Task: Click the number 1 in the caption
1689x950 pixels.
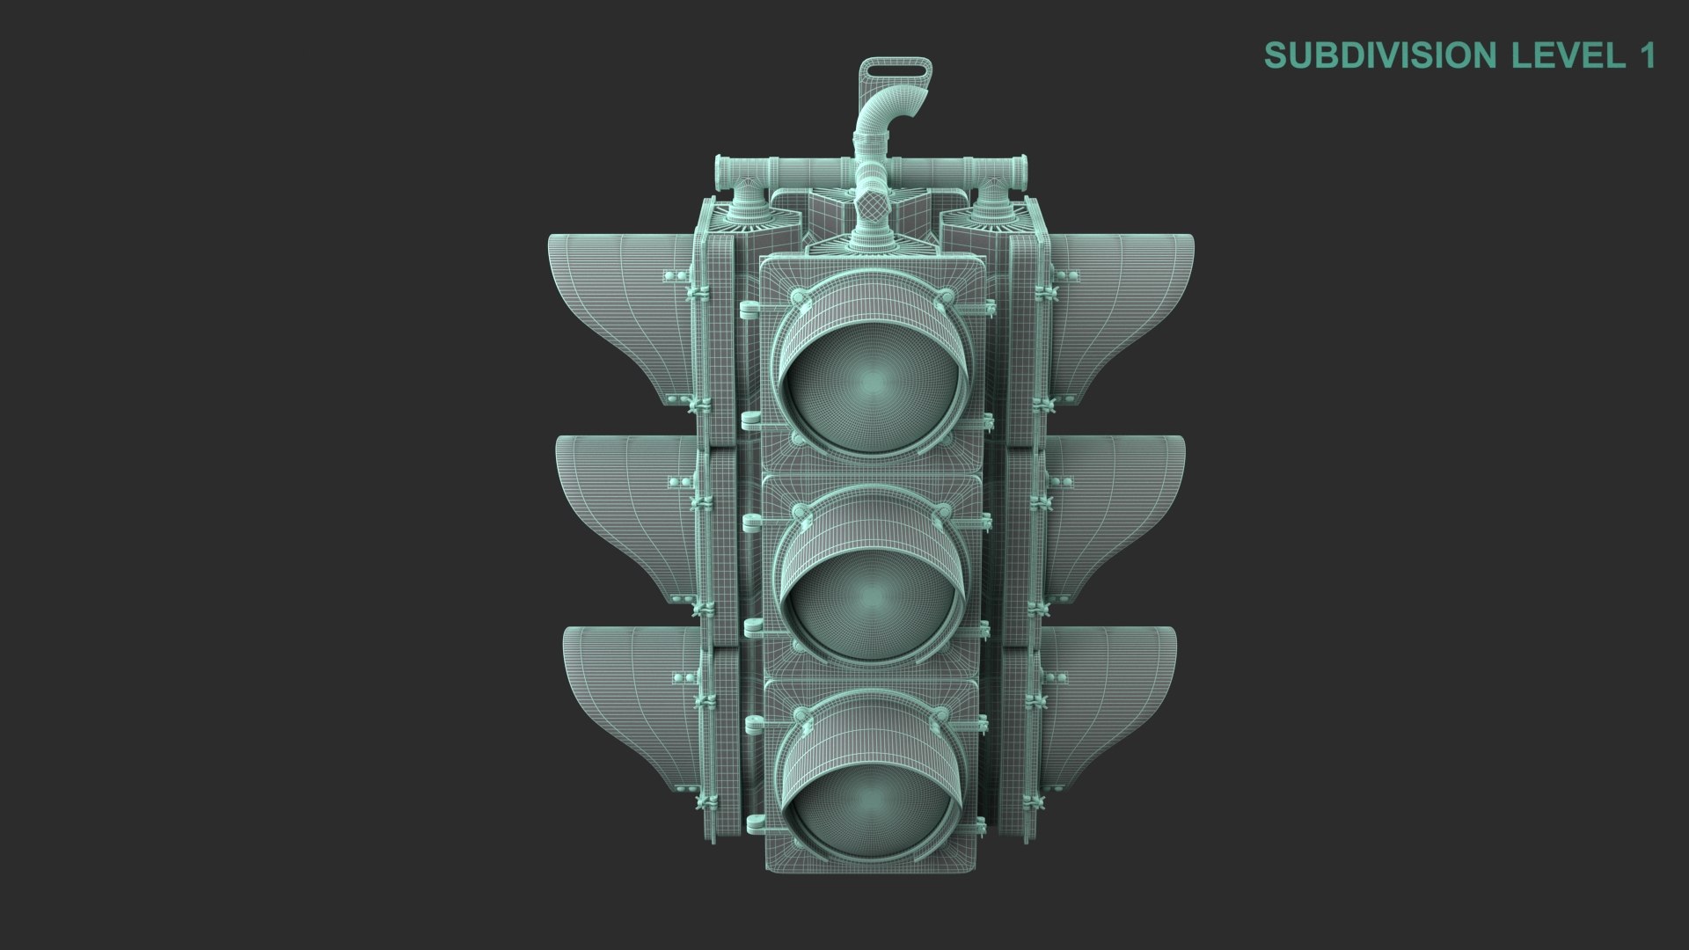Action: [x=1646, y=55]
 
